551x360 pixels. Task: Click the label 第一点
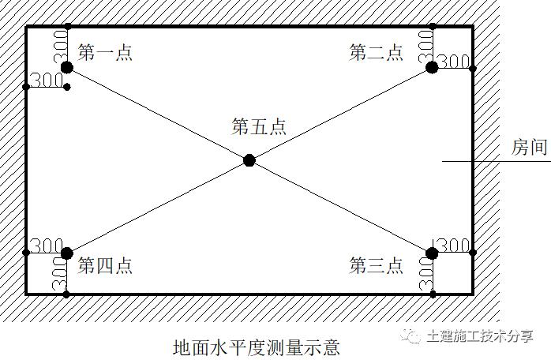105,52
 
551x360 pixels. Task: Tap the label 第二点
376,52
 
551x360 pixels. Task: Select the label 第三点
376,265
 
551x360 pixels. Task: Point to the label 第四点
105,265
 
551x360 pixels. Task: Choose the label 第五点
259,126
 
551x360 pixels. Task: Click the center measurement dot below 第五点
249,160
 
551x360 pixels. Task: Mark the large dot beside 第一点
67,68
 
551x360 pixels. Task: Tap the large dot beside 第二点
432,68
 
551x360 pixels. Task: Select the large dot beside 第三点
432,253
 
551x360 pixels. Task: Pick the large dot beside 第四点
67,253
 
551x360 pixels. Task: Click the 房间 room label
529,147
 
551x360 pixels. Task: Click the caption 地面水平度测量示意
257,347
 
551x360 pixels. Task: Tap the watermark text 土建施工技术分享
480,336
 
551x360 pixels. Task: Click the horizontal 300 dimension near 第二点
454,62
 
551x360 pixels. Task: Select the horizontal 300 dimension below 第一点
47,81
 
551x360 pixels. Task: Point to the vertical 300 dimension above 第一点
61,47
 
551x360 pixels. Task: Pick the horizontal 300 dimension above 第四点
47,246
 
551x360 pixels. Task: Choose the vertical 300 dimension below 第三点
426,274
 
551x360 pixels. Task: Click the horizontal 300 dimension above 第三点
454,246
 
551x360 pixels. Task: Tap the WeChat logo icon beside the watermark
411,336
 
